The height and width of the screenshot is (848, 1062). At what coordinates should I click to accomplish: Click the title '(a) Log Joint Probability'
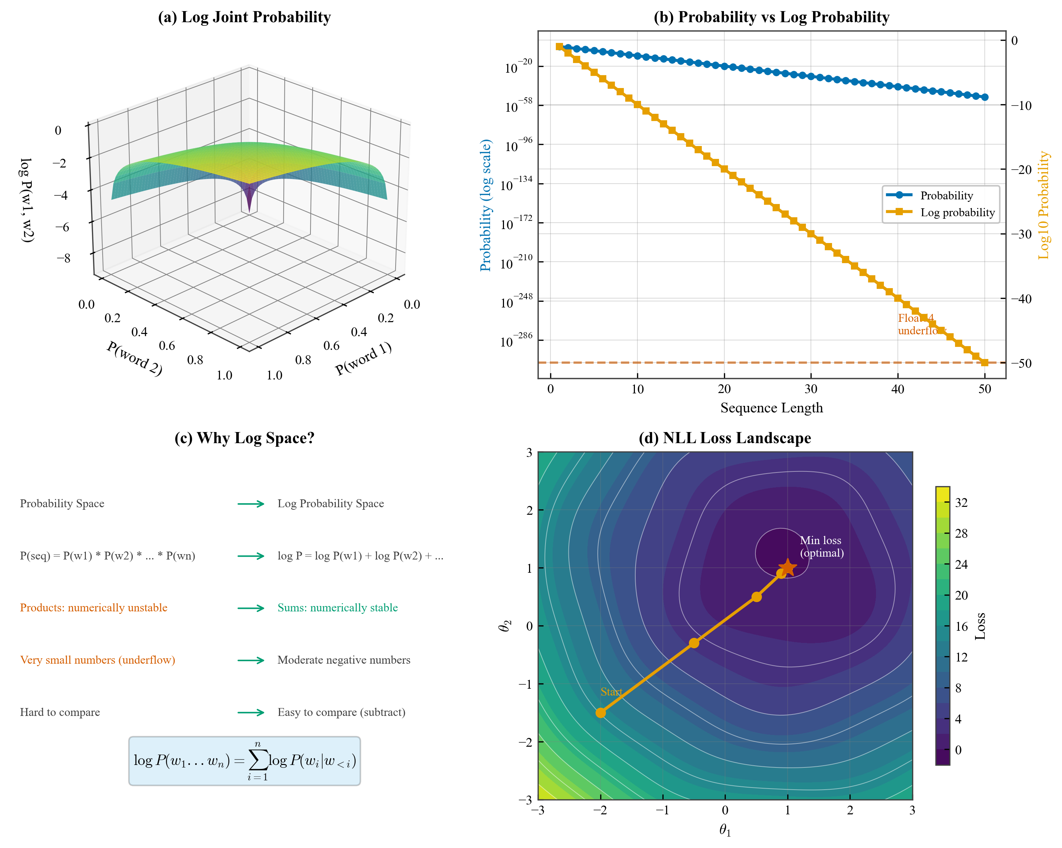tap(244, 17)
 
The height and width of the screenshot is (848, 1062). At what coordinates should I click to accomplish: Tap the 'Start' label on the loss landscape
tap(611, 692)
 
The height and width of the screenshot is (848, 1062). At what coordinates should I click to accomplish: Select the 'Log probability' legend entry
tap(957, 213)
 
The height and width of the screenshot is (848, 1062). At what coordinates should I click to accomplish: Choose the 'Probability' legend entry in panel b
tap(946, 196)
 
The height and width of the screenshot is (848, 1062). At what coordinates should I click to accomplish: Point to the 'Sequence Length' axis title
tap(772, 408)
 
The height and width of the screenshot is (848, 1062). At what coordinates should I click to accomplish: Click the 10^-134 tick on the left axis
tap(517, 184)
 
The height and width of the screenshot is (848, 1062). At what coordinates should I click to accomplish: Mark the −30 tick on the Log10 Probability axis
tap(1021, 234)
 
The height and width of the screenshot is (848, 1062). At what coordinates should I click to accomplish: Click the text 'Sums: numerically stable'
tap(337, 608)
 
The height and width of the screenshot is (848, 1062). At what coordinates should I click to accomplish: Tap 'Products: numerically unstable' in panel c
tap(94, 608)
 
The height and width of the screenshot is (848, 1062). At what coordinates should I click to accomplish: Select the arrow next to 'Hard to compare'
tap(251, 712)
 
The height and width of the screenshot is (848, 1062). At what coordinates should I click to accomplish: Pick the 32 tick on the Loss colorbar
tap(961, 502)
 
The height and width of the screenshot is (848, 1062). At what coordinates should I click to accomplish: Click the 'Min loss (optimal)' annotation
tap(821, 547)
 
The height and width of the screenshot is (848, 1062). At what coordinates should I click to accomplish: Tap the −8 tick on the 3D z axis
tap(63, 258)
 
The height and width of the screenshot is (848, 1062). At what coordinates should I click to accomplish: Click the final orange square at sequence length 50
tap(984, 362)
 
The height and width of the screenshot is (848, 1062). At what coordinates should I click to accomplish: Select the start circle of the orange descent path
tap(601, 712)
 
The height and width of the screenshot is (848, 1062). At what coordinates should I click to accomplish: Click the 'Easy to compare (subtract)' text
tap(341, 712)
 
